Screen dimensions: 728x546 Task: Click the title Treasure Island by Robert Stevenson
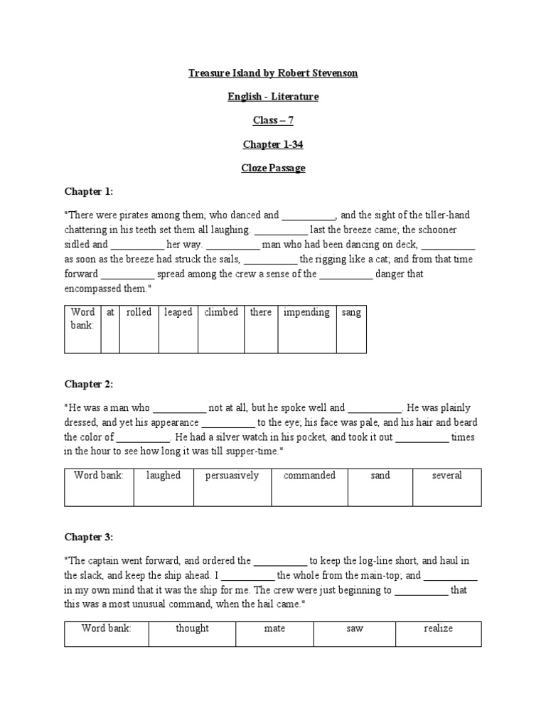pyautogui.click(x=273, y=73)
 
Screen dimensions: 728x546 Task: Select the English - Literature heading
pyautogui.click(x=273, y=97)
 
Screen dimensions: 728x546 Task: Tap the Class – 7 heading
pyautogui.click(x=273, y=121)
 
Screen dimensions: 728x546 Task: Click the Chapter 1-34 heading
pyautogui.click(x=273, y=144)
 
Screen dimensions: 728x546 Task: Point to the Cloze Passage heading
pyautogui.click(x=273, y=168)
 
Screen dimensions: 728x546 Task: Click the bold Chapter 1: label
pyautogui.click(x=88, y=192)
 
